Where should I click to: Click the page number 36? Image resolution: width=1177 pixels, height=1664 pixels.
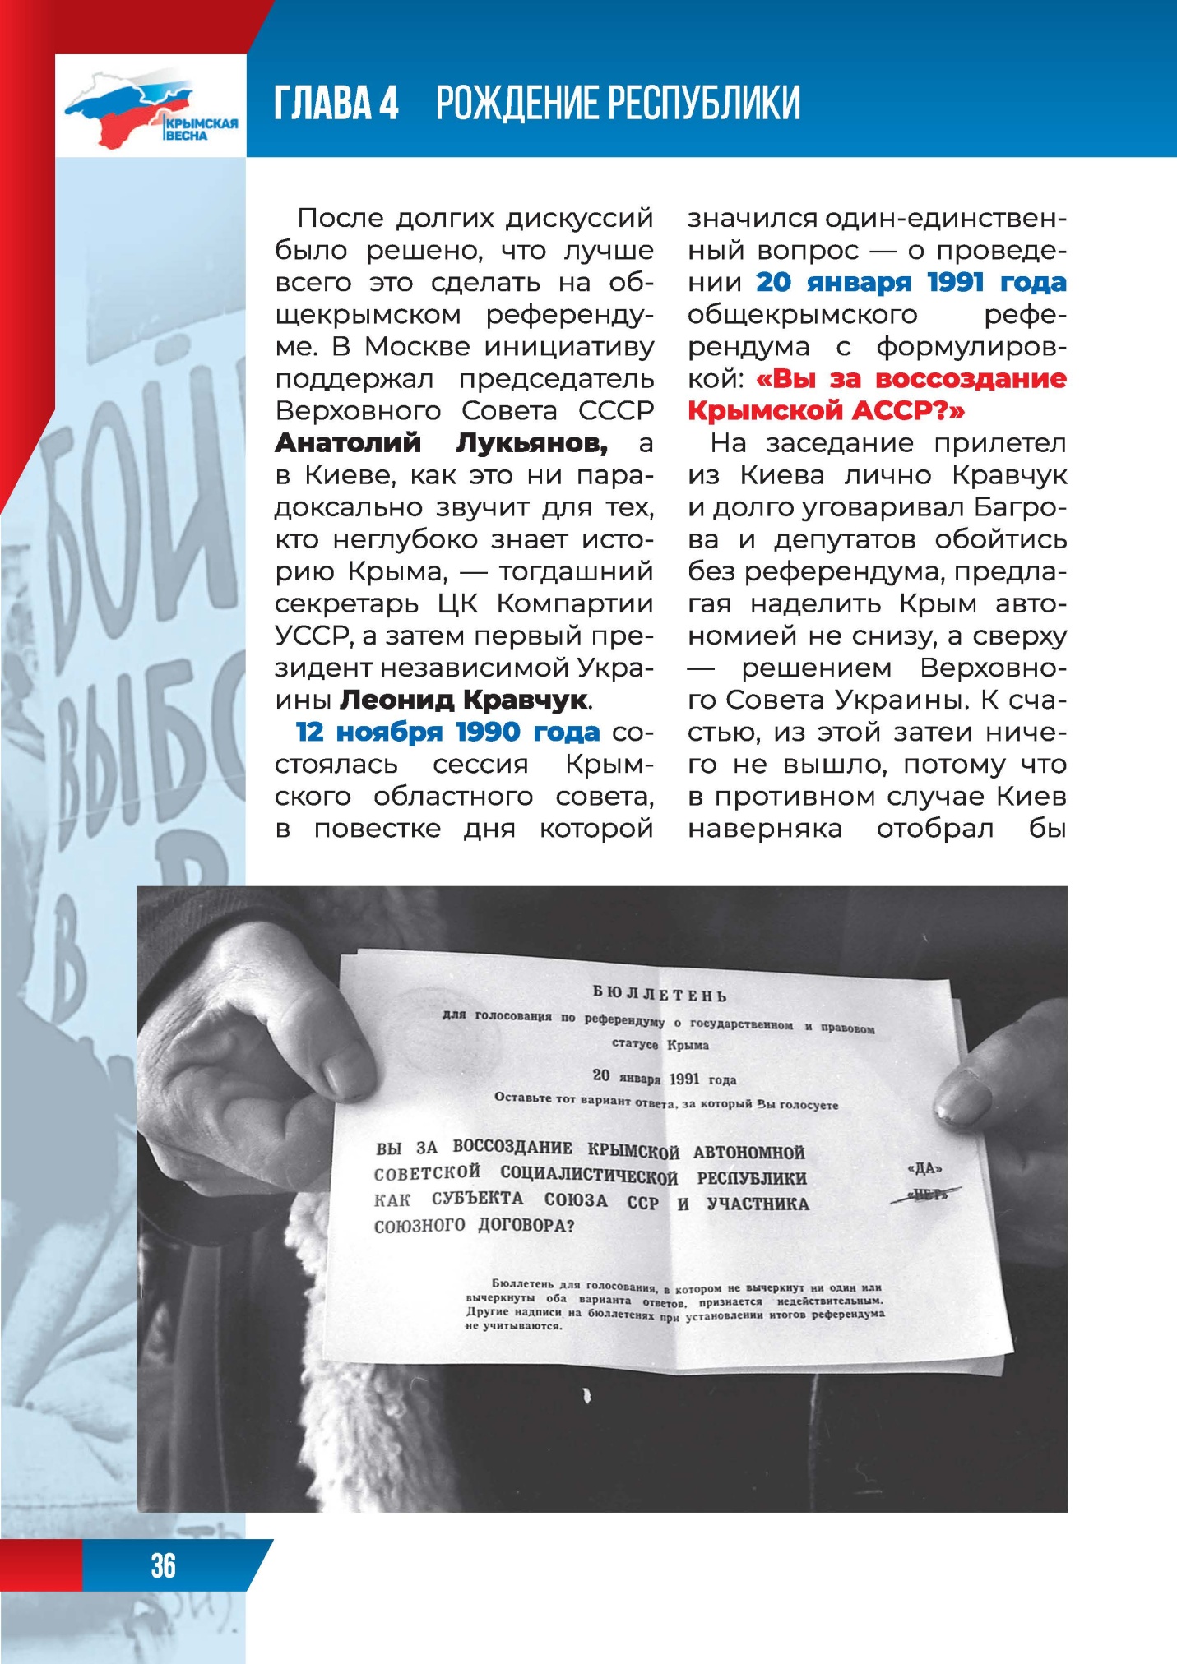[163, 1565]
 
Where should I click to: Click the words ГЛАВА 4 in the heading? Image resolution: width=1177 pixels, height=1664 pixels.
[336, 104]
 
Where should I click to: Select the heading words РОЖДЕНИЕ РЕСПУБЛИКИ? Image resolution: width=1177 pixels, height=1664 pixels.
[618, 104]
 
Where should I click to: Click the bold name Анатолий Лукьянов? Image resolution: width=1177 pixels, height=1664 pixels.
[442, 443]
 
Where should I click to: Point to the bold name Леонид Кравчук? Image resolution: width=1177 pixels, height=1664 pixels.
[465, 700]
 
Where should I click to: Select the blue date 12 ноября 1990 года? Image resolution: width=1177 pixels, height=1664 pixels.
[447, 732]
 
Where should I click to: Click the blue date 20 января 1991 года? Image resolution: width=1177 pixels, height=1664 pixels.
[911, 283]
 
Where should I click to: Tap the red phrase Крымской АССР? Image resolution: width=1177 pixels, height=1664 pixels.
[826, 411]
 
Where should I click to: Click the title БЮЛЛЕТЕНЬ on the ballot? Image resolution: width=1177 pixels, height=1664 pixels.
[660, 994]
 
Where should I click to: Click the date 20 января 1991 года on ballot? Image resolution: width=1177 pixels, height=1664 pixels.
[664, 1078]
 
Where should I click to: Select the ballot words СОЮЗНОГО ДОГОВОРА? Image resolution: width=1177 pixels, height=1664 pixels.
[474, 1226]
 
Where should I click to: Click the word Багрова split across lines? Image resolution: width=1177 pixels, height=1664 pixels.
[1020, 507]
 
